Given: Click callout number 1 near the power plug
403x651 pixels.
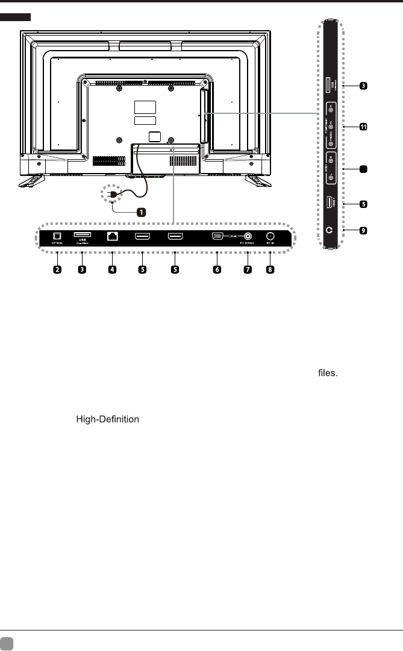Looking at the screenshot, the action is (x=140, y=212).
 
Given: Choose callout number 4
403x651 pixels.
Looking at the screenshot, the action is (x=112, y=269).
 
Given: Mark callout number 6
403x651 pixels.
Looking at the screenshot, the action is (x=217, y=269).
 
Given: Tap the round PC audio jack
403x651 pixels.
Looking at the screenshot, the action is (x=247, y=237).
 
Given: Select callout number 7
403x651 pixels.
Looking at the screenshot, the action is (x=247, y=269).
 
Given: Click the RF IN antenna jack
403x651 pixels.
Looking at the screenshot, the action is (x=270, y=237).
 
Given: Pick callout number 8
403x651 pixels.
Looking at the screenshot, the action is (x=270, y=269).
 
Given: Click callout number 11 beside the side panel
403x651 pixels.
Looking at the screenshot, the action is (x=363, y=127).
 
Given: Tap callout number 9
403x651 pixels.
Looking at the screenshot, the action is (x=363, y=230).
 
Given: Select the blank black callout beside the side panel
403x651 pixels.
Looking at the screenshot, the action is (x=363, y=171).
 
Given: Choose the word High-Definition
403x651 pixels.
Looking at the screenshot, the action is (x=107, y=420).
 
